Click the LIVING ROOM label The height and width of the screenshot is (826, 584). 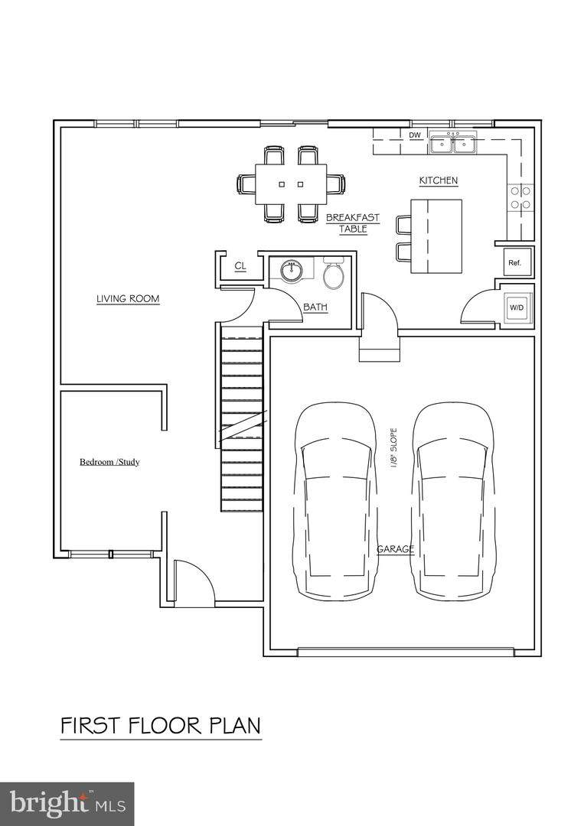point(128,299)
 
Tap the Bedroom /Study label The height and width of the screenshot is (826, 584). point(109,462)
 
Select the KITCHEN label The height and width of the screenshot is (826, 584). point(438,180)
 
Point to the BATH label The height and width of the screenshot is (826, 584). point(315,307)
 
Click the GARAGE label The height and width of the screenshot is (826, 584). point(396,549)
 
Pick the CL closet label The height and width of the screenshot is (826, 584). point(240,266)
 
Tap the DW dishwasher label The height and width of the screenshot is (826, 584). point(415,135)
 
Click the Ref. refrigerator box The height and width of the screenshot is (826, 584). point(514,262)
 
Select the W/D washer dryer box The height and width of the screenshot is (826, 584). point(517,307)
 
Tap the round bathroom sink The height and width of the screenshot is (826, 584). point(292,271)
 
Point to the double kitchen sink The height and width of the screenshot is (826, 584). point(452,143)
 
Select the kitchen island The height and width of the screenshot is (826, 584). point(436,236)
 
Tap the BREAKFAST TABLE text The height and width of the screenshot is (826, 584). point(352,223)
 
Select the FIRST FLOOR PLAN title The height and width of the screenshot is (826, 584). point(161,725)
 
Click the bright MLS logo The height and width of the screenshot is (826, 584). point(67,804)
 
